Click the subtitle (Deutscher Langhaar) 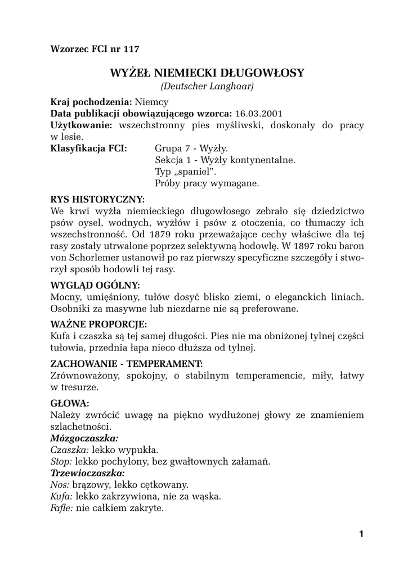[207, 86]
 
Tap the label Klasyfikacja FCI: [88, 148]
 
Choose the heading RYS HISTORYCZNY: [97, 199]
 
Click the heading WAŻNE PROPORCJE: [98, 325]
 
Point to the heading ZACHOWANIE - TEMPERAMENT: [126, 364]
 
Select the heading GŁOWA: [70, 403]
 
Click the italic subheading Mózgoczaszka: [84, 438]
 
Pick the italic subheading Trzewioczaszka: [87, 472]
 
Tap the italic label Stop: [61, 461]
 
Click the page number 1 [361, 534]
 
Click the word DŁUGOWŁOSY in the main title [263, 73]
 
